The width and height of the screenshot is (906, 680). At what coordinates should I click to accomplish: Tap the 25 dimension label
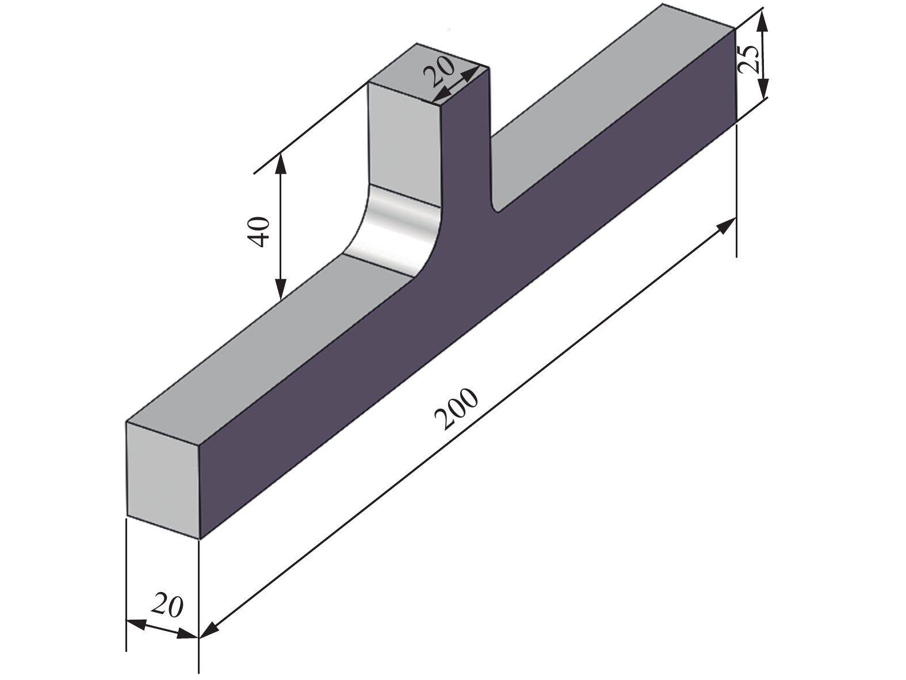tap(749, 57)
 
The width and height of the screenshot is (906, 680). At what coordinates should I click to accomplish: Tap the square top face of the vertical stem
tap(429, 73)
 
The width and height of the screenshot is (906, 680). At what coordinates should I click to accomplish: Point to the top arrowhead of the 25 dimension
tap(762, 21)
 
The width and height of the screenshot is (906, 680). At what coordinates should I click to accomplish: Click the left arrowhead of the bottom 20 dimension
tap(135, 623)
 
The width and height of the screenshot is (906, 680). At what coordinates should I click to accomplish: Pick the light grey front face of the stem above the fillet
tap(403, 144)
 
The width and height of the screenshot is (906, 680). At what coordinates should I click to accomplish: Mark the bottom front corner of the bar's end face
tap(199, 539)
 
